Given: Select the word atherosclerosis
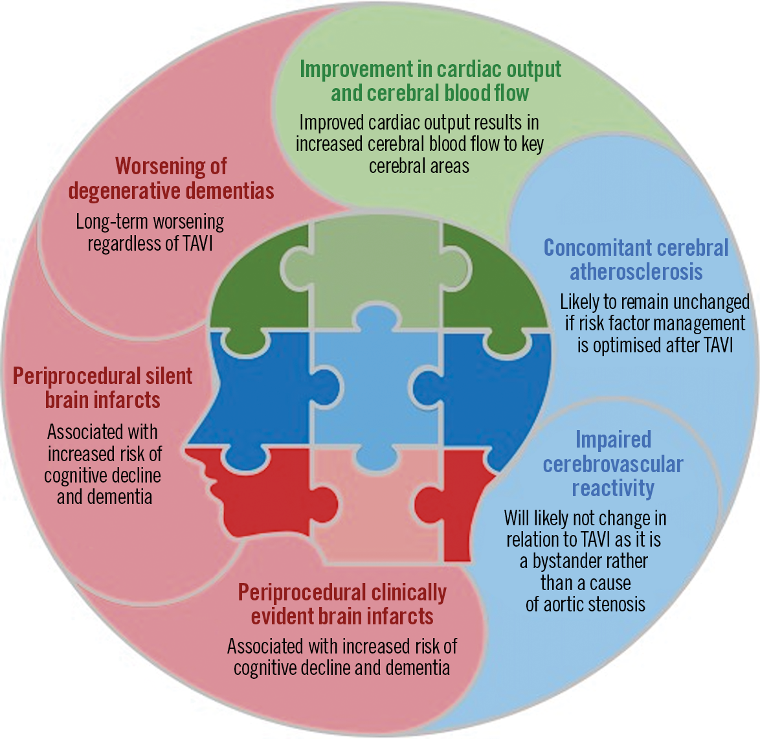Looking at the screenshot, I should click(x=636, y=272).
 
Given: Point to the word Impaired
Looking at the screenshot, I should click(x=613, y=440).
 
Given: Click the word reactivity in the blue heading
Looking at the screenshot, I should click(x=612, y=488).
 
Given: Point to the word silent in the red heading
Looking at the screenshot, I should click(x=167, y=376).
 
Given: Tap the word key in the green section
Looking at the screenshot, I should click(x=532, y=144).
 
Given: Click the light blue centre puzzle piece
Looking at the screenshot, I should click(x=375, y=389).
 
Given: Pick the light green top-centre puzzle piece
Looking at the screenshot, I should click(x=375, y=272).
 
